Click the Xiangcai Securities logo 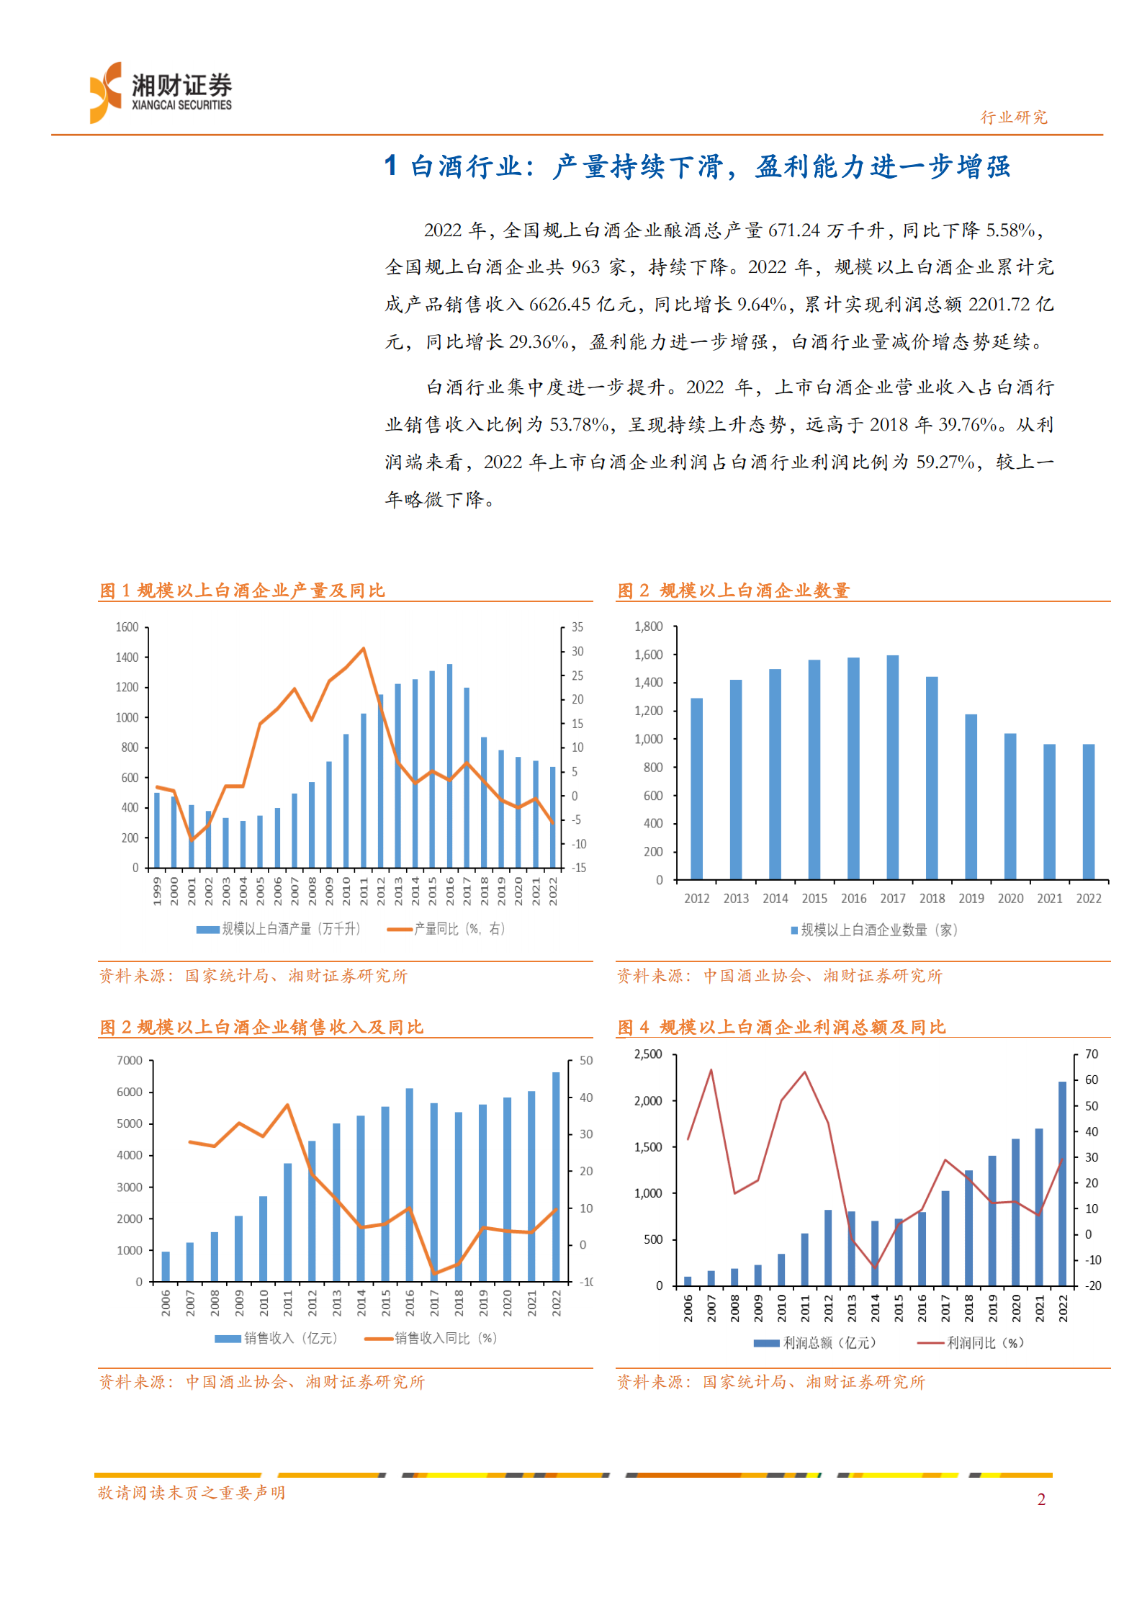[160, 93]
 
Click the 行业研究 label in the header [1013, 117]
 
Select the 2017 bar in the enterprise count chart [892, 767]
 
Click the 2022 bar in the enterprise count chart [1088, 812]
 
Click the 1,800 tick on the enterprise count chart [648, 627]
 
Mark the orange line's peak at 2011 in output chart [364, 649]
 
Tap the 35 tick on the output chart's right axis [577, 627]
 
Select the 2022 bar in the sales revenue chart [556, 1177]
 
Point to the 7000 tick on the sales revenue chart [130, 1061]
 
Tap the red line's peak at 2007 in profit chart [711, 1070]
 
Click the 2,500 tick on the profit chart [648, 1054]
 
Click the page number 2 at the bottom [1040, 1499]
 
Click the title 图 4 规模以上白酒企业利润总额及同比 [781, 1027]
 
